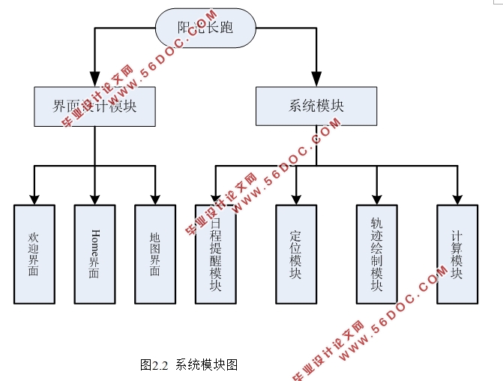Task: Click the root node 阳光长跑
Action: [205, 28]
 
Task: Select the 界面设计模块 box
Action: [94, 106]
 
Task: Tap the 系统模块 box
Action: [316, 106]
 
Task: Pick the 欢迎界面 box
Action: [34, 254]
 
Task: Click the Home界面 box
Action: [94, 254]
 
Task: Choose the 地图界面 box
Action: [155, 254]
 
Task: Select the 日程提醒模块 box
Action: [215, 254]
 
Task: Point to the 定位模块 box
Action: [295, 254]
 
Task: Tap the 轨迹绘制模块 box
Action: [376, 254]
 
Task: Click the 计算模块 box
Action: [457, 254]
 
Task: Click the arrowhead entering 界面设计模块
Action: [94, 79]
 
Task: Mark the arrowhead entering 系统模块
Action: [316, 79]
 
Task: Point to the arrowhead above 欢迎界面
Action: [34, 197]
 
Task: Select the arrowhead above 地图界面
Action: [155, 197]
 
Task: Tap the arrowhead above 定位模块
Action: [295, 197]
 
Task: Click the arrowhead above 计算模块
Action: [457, 197]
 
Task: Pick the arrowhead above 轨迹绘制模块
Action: [376, 197]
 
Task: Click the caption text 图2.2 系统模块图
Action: [189, 365]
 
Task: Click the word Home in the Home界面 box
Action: [94, 241]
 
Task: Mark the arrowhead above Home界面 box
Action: [94, 197]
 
